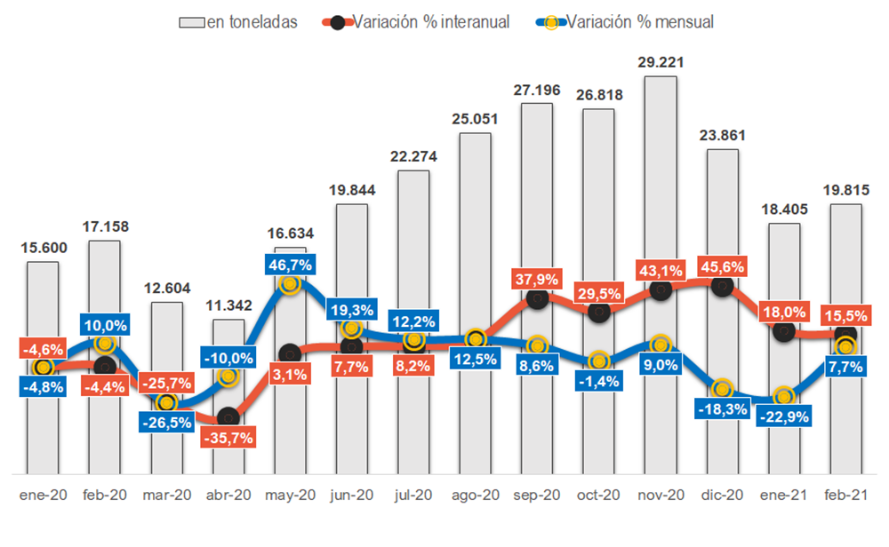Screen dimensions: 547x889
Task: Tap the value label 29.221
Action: [x=661, y=62]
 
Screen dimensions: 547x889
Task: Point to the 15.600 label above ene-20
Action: [x=43, y=249]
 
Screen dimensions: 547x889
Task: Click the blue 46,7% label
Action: [x=290, y=265]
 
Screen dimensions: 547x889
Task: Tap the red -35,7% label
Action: [x=228, y=437]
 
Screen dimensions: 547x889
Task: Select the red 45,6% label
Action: [x=722, y=266]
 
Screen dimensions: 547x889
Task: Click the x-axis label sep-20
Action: [x=536, y=495]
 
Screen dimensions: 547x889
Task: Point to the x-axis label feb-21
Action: [x=846, y=495]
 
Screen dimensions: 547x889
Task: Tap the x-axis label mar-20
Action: [x=166, y=495]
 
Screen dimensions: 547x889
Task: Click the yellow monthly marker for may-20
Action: [x=290, y=284]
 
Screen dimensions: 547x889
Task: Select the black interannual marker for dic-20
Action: [x=722, y=286]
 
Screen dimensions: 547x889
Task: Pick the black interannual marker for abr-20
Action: [x=228, y=416]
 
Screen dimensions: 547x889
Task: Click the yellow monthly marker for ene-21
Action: [x=783, y=396]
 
